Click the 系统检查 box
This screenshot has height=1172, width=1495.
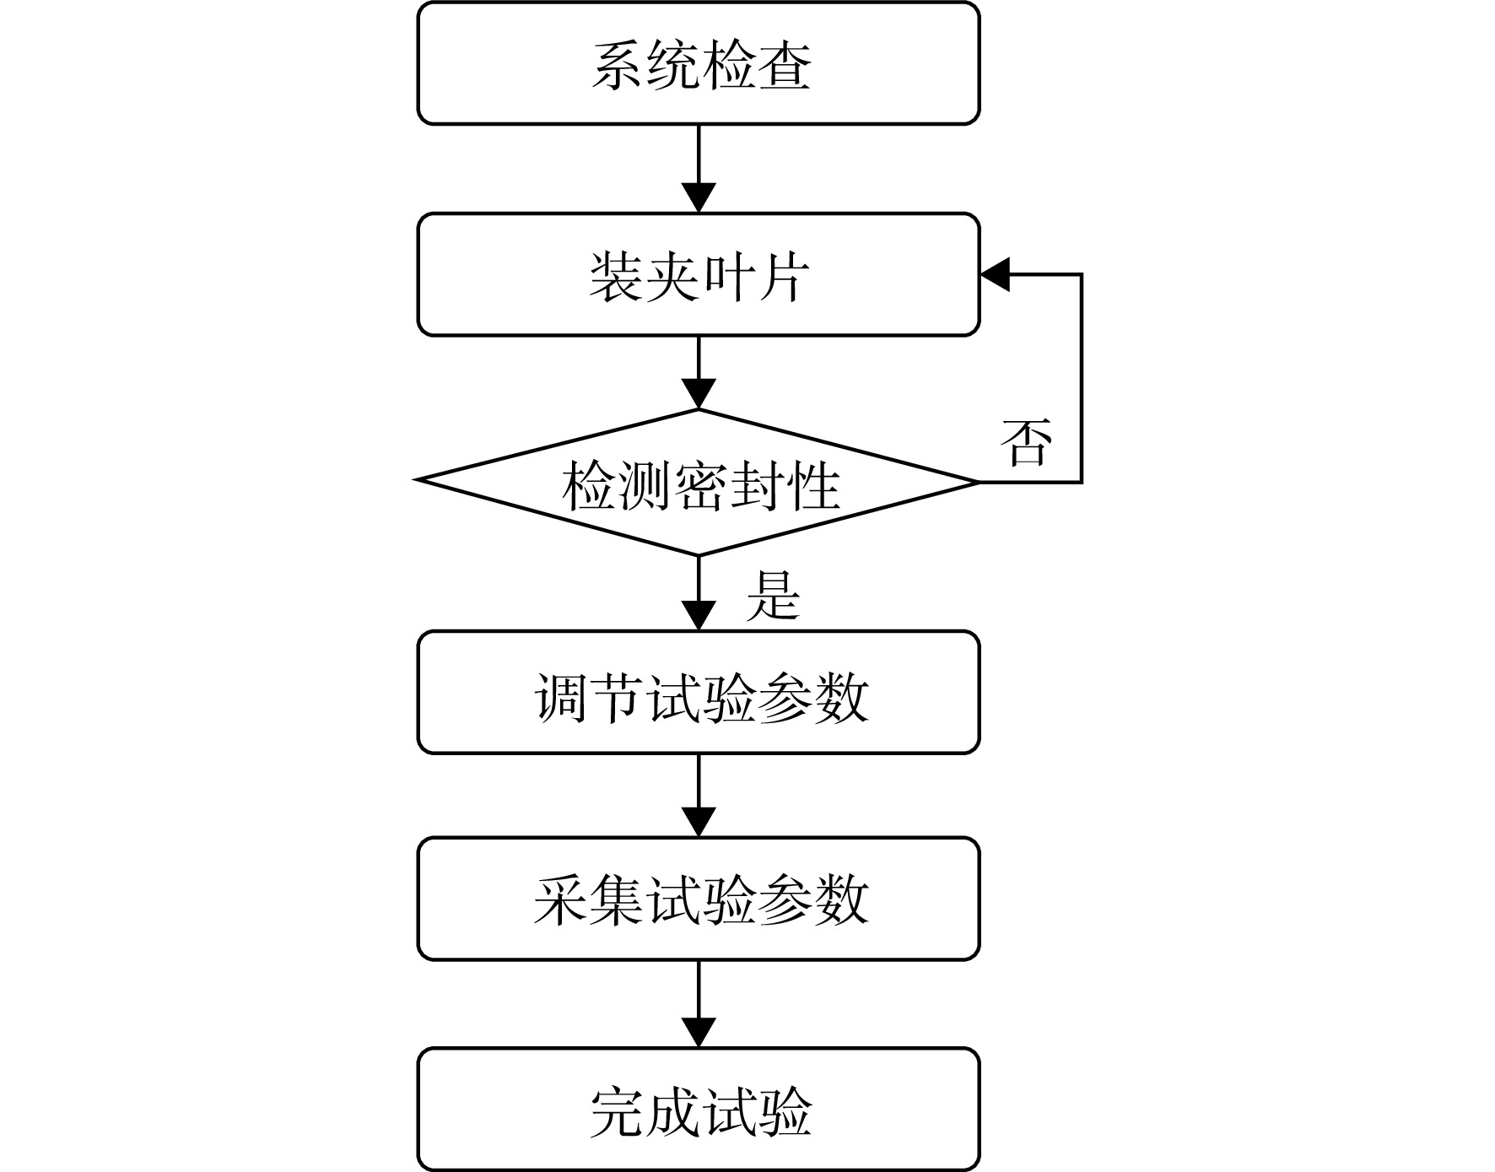(699, 63)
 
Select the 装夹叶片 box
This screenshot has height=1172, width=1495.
(699, 274)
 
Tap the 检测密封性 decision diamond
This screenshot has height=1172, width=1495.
(699, 483)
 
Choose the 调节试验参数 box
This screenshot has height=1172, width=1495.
(699, 692)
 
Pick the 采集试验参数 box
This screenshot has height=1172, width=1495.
(699, 899)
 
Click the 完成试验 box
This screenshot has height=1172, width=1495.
(699, 1110)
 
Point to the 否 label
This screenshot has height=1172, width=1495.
(1027, 442)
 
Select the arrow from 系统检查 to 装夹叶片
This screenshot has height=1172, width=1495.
(699, 169)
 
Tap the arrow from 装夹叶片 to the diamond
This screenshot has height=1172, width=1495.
(699, 373)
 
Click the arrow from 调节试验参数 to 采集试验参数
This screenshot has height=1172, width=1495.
(699, 796)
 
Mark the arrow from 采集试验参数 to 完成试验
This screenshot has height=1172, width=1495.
(699, 1004)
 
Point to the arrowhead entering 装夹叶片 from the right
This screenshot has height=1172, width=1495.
(995, 274)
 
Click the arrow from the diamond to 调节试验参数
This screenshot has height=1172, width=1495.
(699, 593)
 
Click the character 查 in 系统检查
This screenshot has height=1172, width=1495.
(784, 65)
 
